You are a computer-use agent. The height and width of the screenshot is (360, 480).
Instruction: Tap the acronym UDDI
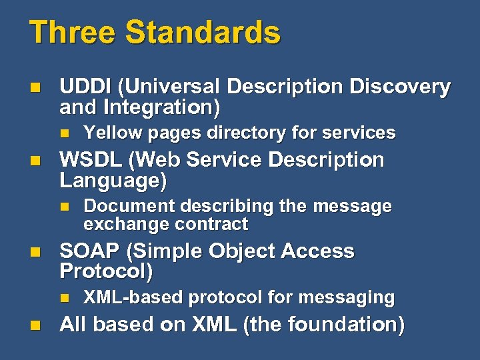coord(86,87)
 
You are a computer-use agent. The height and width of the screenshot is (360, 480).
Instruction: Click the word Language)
coord(113,180)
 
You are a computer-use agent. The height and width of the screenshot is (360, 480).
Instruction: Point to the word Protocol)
coord(106,271)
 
